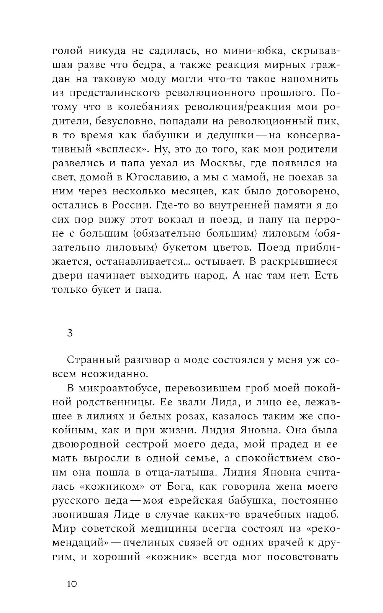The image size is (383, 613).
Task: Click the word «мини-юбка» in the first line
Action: (239, 51)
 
